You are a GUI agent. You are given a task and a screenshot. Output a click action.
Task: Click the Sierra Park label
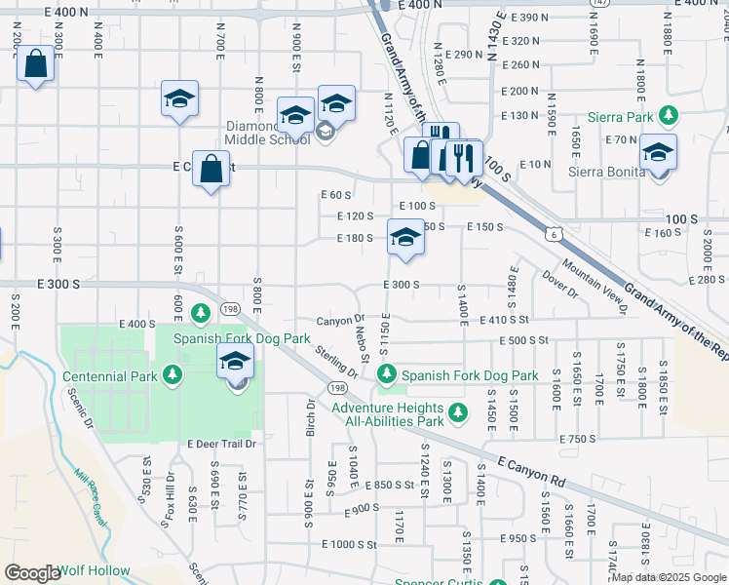pos(630,116)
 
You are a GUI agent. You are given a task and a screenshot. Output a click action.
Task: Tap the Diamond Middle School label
pos(267,133)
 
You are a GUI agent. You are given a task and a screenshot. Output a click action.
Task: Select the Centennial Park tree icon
pos(173,375)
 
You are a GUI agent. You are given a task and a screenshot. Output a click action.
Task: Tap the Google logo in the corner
pos(31,573)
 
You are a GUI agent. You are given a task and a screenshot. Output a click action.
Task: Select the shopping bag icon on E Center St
pos(211,169)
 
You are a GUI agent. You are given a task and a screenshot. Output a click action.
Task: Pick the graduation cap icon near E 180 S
pos(405,238)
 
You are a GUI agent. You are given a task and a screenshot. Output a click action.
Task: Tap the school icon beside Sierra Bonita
pos(658,153)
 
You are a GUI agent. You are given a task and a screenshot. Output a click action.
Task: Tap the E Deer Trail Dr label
pos(221,444)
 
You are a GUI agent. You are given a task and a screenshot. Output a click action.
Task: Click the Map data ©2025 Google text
pos(668,576)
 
